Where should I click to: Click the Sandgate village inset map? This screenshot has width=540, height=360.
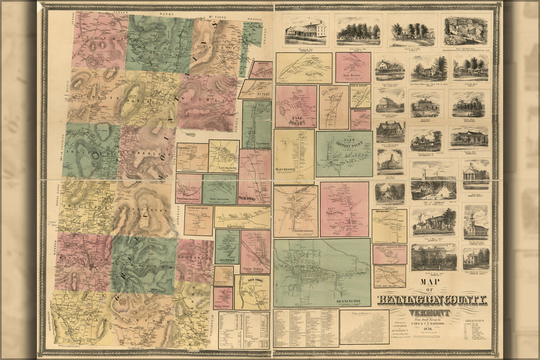pos(360,119)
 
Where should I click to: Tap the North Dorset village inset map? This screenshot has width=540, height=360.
pos(360,95)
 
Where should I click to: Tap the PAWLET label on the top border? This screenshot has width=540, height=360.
pos(118,12)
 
